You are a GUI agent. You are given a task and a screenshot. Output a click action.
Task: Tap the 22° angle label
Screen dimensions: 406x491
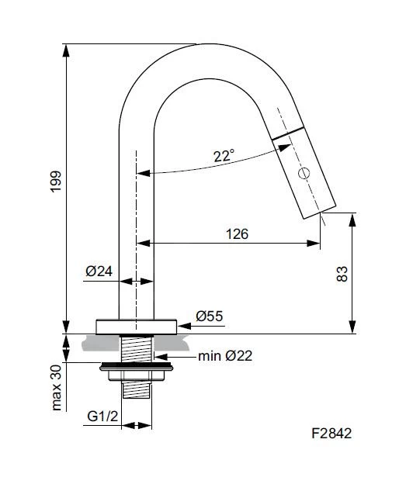[x=224, y=155]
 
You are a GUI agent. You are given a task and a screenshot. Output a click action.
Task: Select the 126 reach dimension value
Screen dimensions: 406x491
[x=237, y=234]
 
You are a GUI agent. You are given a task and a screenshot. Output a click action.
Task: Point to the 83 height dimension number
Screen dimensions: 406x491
[x=342, y=274]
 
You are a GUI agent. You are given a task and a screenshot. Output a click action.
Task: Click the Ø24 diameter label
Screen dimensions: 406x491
[x=99, y=271]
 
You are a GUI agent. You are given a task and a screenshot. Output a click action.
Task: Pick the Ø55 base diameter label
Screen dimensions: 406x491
[x=210, y=316]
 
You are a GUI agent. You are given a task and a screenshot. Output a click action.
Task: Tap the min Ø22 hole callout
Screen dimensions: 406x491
[x=225, y=356]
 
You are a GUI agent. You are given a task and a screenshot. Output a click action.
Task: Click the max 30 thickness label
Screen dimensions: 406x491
[x=57, y=388]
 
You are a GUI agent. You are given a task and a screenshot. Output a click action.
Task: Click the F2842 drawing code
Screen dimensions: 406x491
[x=331, y=434]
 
